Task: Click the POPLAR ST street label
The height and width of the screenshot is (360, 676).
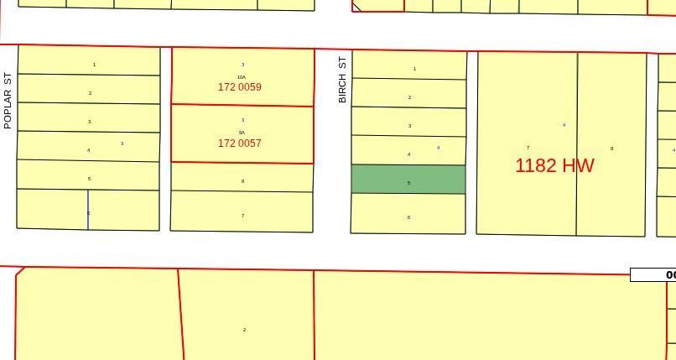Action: pos(8,100)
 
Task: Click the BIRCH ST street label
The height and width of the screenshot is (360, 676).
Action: pos(342,80)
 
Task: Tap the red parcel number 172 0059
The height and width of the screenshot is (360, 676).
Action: pos(239,87)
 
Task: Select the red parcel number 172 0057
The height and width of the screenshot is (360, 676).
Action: pos(239,143)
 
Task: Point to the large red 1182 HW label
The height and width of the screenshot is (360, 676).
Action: pos(554,165)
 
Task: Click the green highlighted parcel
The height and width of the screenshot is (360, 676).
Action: pos(408,180)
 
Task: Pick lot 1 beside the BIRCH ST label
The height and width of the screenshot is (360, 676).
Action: pos(414,69)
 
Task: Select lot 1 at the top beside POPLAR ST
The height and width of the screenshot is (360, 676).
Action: pos(94,65)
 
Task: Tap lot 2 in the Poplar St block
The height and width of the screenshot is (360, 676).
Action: pos(90,93)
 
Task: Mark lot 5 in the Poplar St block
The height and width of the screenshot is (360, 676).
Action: pos(89,179)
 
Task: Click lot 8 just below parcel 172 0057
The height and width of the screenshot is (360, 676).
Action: pos(242,181)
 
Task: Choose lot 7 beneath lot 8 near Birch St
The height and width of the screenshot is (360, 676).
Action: pos(242,216)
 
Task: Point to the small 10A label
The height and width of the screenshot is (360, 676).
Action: pos(242,77)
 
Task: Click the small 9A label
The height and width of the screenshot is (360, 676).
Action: pos(242,133)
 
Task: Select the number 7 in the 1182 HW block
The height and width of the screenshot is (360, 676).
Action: pos(528,148)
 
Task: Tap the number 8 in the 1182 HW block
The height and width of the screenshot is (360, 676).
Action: pos(611,149)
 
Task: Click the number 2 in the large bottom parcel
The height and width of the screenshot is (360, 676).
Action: pos(244,330)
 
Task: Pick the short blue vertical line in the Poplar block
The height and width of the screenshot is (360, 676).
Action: pos(88,209)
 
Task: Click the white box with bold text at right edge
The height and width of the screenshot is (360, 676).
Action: pos(653,275)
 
